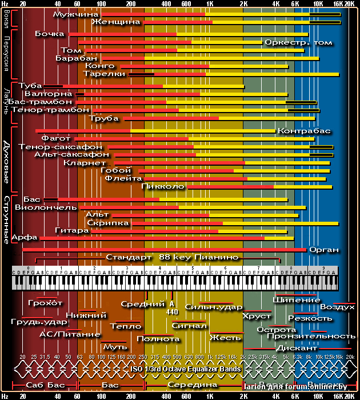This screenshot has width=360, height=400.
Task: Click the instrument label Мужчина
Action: tap(75, 13)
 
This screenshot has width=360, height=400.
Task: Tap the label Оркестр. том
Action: tap(298, 42)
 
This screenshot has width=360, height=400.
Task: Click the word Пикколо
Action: tap(162, 186)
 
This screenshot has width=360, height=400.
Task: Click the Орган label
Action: tap(324, 250)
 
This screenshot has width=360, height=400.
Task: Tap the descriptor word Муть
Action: tap(115, 346)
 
